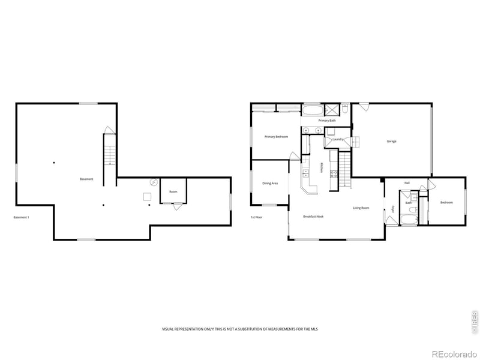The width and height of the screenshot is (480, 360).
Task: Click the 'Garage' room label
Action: (391, 142)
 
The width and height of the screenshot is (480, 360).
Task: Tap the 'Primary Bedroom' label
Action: (276, 137)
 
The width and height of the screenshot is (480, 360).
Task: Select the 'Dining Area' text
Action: (270, 184)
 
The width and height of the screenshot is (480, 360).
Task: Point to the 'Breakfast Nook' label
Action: (313, 216)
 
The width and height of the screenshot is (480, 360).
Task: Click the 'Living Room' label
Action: (361, 208)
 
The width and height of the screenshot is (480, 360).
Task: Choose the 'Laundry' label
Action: (337, 140)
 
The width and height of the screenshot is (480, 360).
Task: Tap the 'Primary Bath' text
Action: (327, 121)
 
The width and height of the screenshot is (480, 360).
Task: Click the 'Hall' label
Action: (407, 183)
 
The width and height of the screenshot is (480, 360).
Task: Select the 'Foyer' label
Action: (393, 209)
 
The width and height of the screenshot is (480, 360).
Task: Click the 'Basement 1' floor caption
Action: (22, 217)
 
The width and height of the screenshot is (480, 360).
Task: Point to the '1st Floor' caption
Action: (257, 217)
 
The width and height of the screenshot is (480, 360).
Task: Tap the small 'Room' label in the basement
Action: (173, 192)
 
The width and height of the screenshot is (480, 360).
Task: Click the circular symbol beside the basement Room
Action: (152, 183)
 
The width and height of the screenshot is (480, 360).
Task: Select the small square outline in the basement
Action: (146, 196)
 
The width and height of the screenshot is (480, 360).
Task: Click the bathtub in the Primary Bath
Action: (311, 110)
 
